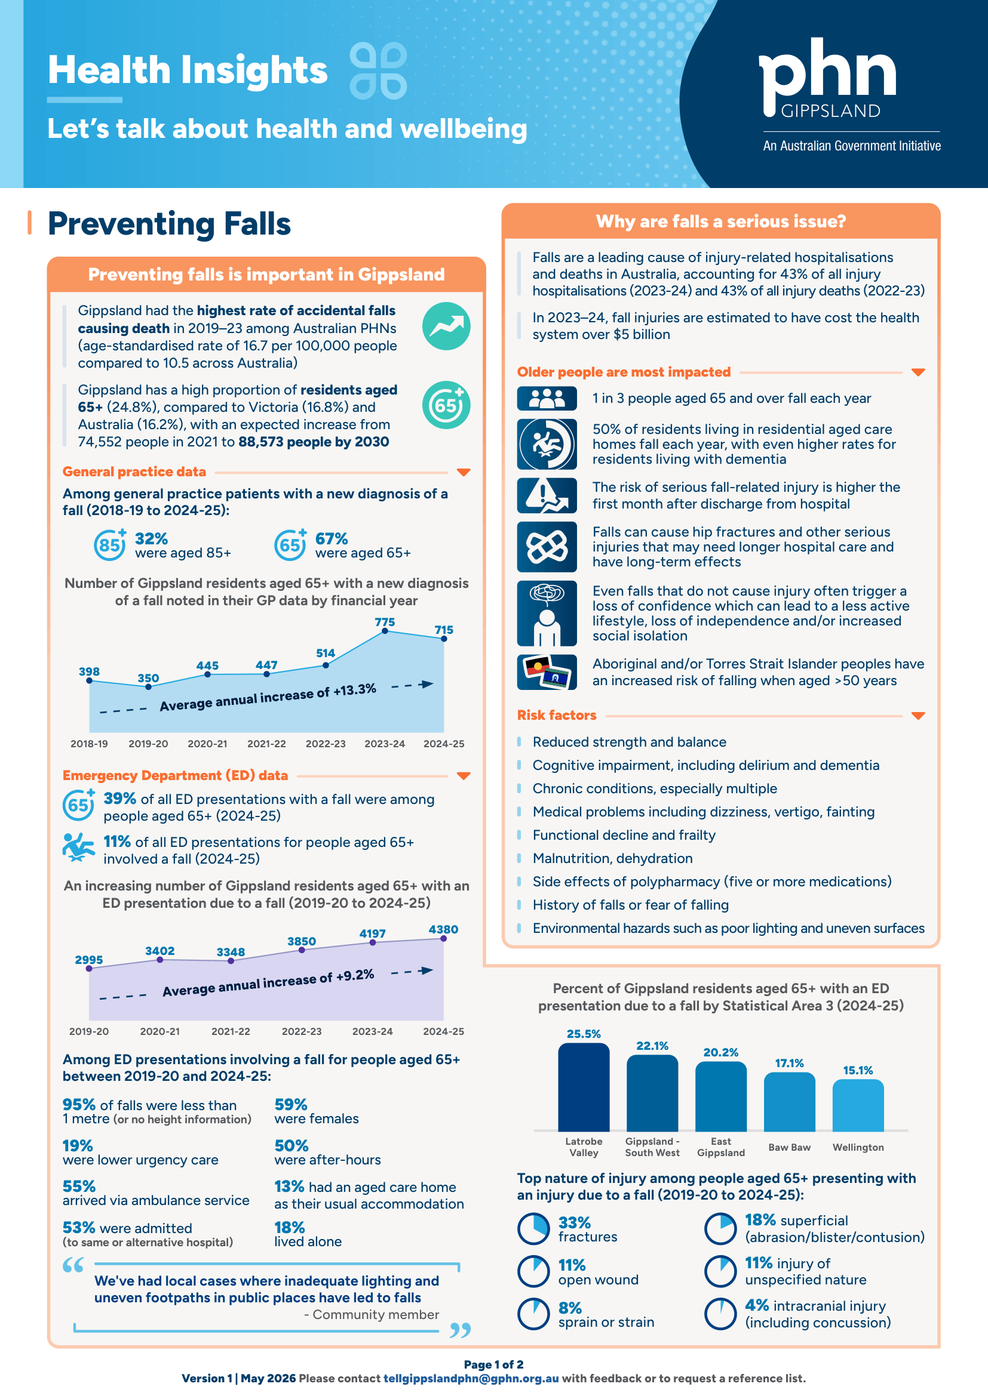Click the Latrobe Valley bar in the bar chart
click(x=584, y=1087)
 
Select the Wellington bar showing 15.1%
click(x=858, y=1105)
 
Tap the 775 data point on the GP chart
click(x=385, y=631)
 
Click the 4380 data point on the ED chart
click(x=443, y=939)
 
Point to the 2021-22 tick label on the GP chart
click(x=266, y=744)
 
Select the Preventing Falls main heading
click(x=169, y=224)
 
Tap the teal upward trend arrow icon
click(x=446, y=326)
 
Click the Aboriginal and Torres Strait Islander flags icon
click(x=547, y=672)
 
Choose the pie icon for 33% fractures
click(x=533, y=1229)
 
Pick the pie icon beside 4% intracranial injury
click(x=720, y=1314)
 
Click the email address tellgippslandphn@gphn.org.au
click(x=471, y=1378)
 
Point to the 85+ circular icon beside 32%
click(x=109, y=545)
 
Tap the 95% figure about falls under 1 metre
click(x=79, y=1104)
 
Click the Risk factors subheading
click(x=557, y=715)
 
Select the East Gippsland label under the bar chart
click(x=721, y=1147)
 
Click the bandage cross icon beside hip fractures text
click(x=547, y=547)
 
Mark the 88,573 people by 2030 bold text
click(x=314, y=442)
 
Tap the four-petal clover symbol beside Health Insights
click(x=378, y=70)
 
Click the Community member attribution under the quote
click(x=371, y=1314)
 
